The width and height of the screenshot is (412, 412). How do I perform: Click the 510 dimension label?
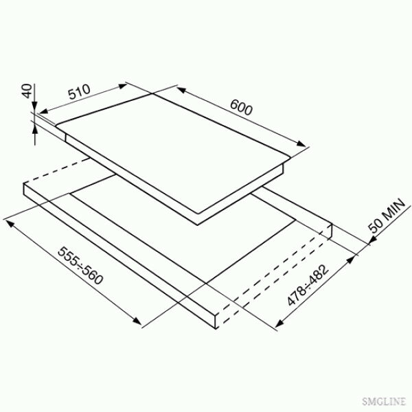[79, 91]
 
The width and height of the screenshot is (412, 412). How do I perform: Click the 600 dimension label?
[241, 108]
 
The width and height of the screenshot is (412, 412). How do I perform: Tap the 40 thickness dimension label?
[27, 91]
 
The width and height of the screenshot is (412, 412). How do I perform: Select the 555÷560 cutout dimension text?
[80, 266]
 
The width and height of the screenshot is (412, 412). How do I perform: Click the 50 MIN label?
[387, 216]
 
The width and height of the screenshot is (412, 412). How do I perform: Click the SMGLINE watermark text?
[384, 401]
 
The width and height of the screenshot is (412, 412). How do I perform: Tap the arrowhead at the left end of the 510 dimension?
[43, 111]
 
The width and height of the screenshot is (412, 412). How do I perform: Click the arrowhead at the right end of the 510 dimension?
[123, 86]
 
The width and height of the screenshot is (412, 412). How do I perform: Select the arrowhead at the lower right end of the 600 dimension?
[301, 144]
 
